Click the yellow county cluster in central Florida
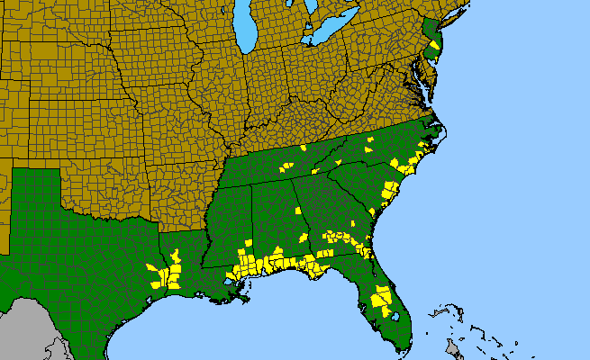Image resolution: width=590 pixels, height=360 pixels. click(x=382, y=296)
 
